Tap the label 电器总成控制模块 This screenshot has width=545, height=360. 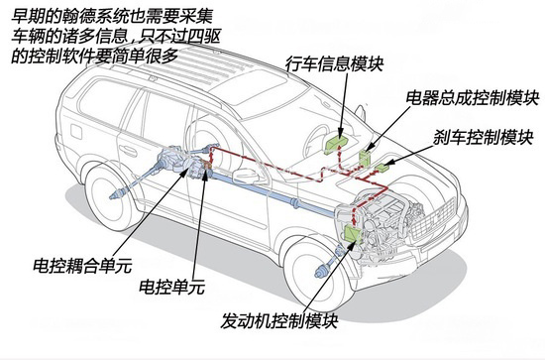[x=473, y=99]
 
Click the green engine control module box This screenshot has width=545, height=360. [x=353, y=231]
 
